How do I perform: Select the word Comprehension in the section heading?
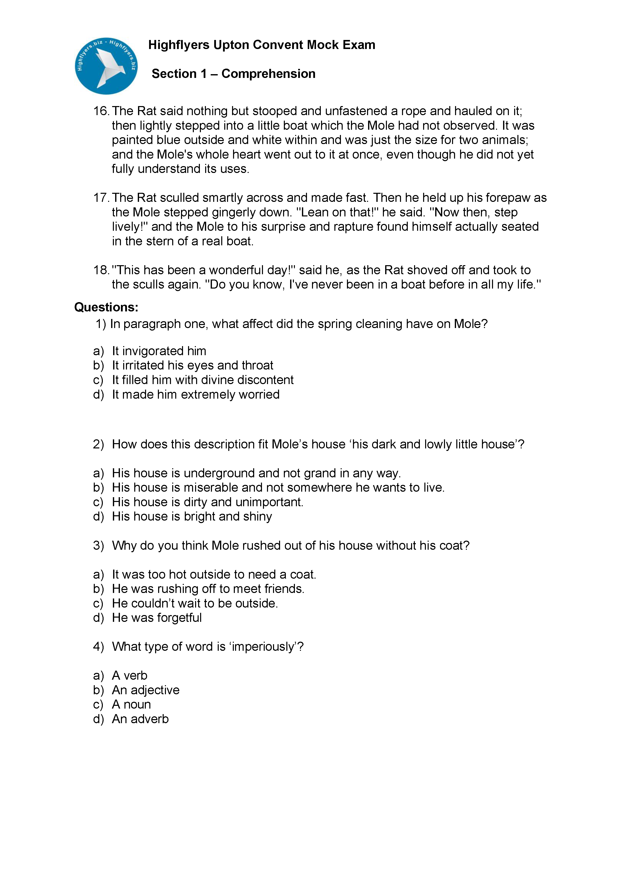coord(268,74)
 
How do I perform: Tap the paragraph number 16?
coord(101,111)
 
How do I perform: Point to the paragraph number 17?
coord(101,198)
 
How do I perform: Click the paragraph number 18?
coord(101,270)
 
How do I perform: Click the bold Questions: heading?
coord(106,307)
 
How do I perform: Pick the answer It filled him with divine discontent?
coord(202,380)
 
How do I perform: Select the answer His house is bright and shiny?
coord(192,517)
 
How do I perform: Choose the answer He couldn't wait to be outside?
coord(195,604)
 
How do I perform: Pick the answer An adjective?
coord(146,690)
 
